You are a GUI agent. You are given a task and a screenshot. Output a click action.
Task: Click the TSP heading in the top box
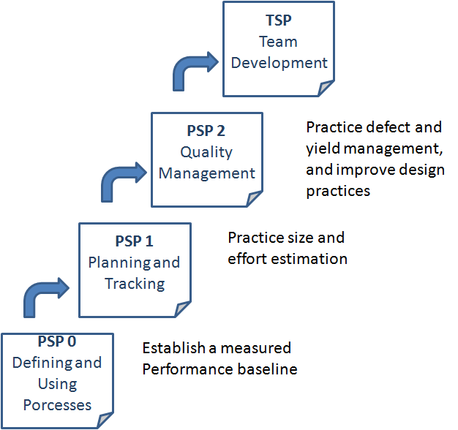[279, 21]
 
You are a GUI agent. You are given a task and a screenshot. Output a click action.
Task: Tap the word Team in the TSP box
[279, 42]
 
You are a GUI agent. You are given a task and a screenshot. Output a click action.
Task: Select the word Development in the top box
[279, 62]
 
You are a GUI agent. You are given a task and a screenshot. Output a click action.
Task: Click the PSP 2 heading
[206, 132]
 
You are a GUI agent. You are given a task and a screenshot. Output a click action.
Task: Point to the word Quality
[206, 152]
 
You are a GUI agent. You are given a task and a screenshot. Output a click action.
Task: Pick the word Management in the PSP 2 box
[207, 173]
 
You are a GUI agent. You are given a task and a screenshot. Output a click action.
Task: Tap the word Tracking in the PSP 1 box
[135, 283]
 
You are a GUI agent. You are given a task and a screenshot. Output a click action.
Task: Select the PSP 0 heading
[56, 341]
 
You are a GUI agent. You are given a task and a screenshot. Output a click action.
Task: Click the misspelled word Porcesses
[57, 404]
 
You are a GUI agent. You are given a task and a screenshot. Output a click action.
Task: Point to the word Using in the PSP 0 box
[57, 383]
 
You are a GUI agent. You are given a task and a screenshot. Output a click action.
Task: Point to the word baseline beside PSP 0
[266, 369]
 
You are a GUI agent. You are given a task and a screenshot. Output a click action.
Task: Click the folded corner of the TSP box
[326, 90]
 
